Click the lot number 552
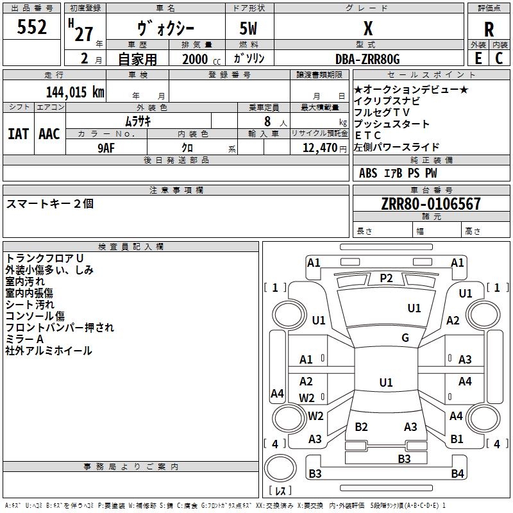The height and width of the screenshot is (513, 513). (x=31, y=28)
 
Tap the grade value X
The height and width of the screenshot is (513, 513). (x=368, y=29)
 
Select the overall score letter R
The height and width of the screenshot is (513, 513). (x=489, y=29)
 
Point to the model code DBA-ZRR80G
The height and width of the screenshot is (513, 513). (x=367, y=59)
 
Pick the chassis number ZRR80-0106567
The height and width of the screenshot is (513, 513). (x=430, y=204)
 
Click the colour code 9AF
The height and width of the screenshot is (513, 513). (x=107, y=147)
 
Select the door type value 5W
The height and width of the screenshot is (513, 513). (x=249, y=29)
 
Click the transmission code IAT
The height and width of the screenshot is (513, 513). (x=18, y=133)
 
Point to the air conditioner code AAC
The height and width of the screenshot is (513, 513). (x=49, y=133)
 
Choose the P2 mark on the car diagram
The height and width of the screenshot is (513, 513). (x=386, y=278)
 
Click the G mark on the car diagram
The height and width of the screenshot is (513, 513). (x=405, y=338)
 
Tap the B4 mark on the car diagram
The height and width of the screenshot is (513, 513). (x=457, y=474)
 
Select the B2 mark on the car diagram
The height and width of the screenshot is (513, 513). (x=362, y=427)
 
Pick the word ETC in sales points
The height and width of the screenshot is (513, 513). (x=368, y=135)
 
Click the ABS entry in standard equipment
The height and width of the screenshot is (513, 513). (x=368, y=173)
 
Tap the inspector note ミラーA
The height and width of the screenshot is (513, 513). (x=24, y=339)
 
